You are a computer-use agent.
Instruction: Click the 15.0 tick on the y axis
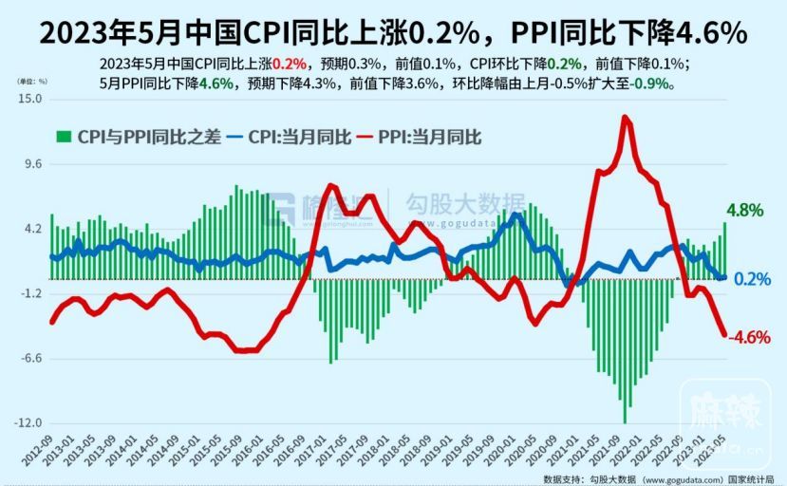[x=31, y=99]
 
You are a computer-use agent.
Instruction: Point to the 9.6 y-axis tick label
[x=33, y=164]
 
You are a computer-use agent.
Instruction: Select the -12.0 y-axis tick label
[x=29, y=423]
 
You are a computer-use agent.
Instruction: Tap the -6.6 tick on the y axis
[x=31, y=359]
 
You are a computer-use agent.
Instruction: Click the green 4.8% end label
[x=745, y=211]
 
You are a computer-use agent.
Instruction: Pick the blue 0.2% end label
[x=751, y=279]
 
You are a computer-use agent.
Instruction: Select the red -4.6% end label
[x=748, y=337]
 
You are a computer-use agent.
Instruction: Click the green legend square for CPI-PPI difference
[x=64, y=137]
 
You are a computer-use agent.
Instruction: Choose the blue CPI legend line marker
[x=234, y=137]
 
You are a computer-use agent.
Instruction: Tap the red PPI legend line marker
[x=369, y=137]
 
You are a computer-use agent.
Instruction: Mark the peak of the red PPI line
[x=625, y=117]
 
